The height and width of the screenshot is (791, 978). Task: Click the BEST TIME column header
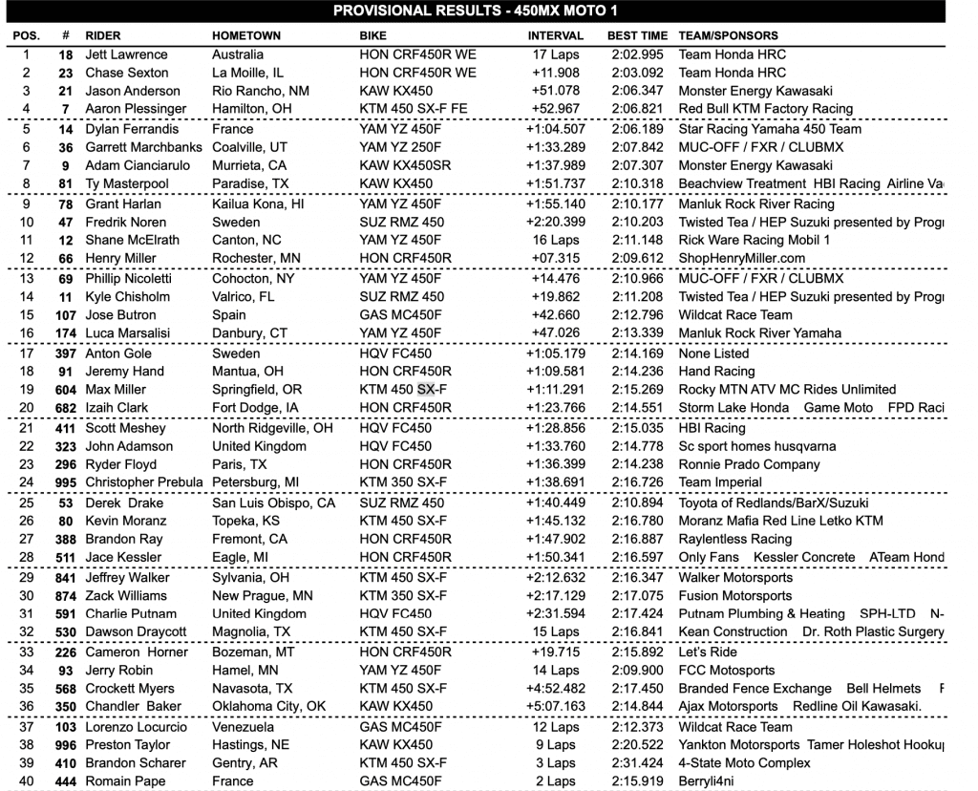(x=637, y=35)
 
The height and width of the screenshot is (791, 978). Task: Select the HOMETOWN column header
(x=246, y=35)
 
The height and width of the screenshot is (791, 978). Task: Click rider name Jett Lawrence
(x=126, y=54)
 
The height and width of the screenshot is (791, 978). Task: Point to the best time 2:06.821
(x=637, y=109)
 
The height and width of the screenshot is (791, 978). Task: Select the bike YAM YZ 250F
(x=401, y=147)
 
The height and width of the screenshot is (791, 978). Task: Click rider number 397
(x=66, y=353)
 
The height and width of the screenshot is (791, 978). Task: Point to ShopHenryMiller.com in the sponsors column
(x=741, y=258)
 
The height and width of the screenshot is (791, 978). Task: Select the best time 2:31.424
(x=637, y=763)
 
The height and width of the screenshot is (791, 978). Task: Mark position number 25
(x=27, y=502)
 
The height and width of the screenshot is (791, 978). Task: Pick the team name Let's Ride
(x=708, y=652)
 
